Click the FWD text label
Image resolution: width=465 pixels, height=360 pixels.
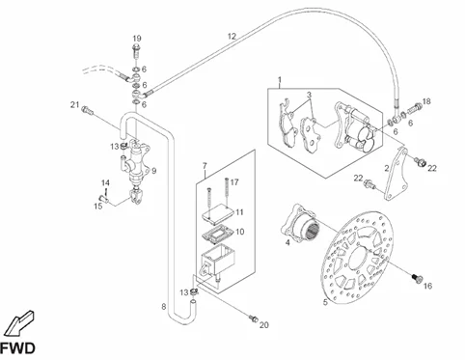(x=17, y=348)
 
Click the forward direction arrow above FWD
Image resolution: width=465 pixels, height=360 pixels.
(x=20, y=323)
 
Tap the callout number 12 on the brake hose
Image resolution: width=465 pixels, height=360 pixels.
(x=232, y=37)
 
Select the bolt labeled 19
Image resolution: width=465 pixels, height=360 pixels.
(x=136, y=51)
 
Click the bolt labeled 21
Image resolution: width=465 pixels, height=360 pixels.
(x=88, y=111)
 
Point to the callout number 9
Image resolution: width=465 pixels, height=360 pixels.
(x=154, y=171)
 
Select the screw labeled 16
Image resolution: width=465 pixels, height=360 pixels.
(x=417, y=279)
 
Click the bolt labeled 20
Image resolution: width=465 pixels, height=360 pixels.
(x=254, y=318)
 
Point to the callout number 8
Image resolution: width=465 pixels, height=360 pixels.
(x=164, y=307)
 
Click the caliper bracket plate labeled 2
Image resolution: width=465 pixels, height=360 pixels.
(x=397, y=174)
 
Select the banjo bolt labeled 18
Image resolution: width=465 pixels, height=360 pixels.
(x=415, y=108)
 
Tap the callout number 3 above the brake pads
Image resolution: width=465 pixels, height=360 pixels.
(x=309, y=95)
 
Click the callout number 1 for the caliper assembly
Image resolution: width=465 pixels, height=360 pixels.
(x=280, y=79)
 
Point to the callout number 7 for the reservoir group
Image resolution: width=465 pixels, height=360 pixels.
(x=205, y=166)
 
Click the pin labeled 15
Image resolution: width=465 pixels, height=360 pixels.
(x=103, y=199)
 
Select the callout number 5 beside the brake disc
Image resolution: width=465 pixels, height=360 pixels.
(x=325, y=302)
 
